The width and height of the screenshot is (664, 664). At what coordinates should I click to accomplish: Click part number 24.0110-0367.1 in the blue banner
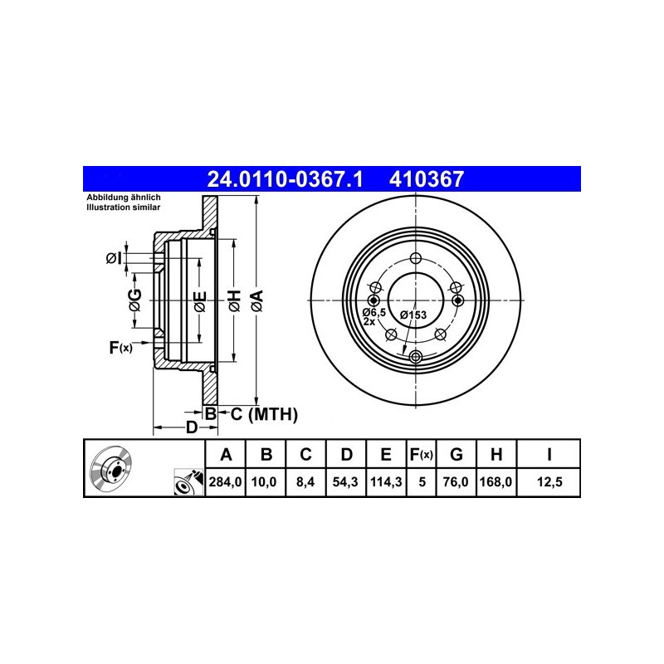[x=285, y=179]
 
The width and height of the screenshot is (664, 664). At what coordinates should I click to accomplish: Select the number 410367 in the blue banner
[x=427, y=179]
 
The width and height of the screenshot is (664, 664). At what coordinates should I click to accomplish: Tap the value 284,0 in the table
[x=225, y=482]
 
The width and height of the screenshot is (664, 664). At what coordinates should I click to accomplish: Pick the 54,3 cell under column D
[x=345, y=482]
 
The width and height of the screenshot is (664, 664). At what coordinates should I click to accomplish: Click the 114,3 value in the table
[x=386, y=482]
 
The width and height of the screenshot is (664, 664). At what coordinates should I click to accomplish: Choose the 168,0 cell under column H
[x=496, y=482]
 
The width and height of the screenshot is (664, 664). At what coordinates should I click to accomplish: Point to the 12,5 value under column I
[x=549, y=482]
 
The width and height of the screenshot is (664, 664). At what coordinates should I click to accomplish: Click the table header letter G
[x=456, y=454]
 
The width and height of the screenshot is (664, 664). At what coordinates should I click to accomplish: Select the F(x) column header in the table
[x=422, y=454]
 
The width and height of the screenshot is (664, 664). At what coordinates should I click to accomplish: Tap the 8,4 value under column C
[x=305, y=482]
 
